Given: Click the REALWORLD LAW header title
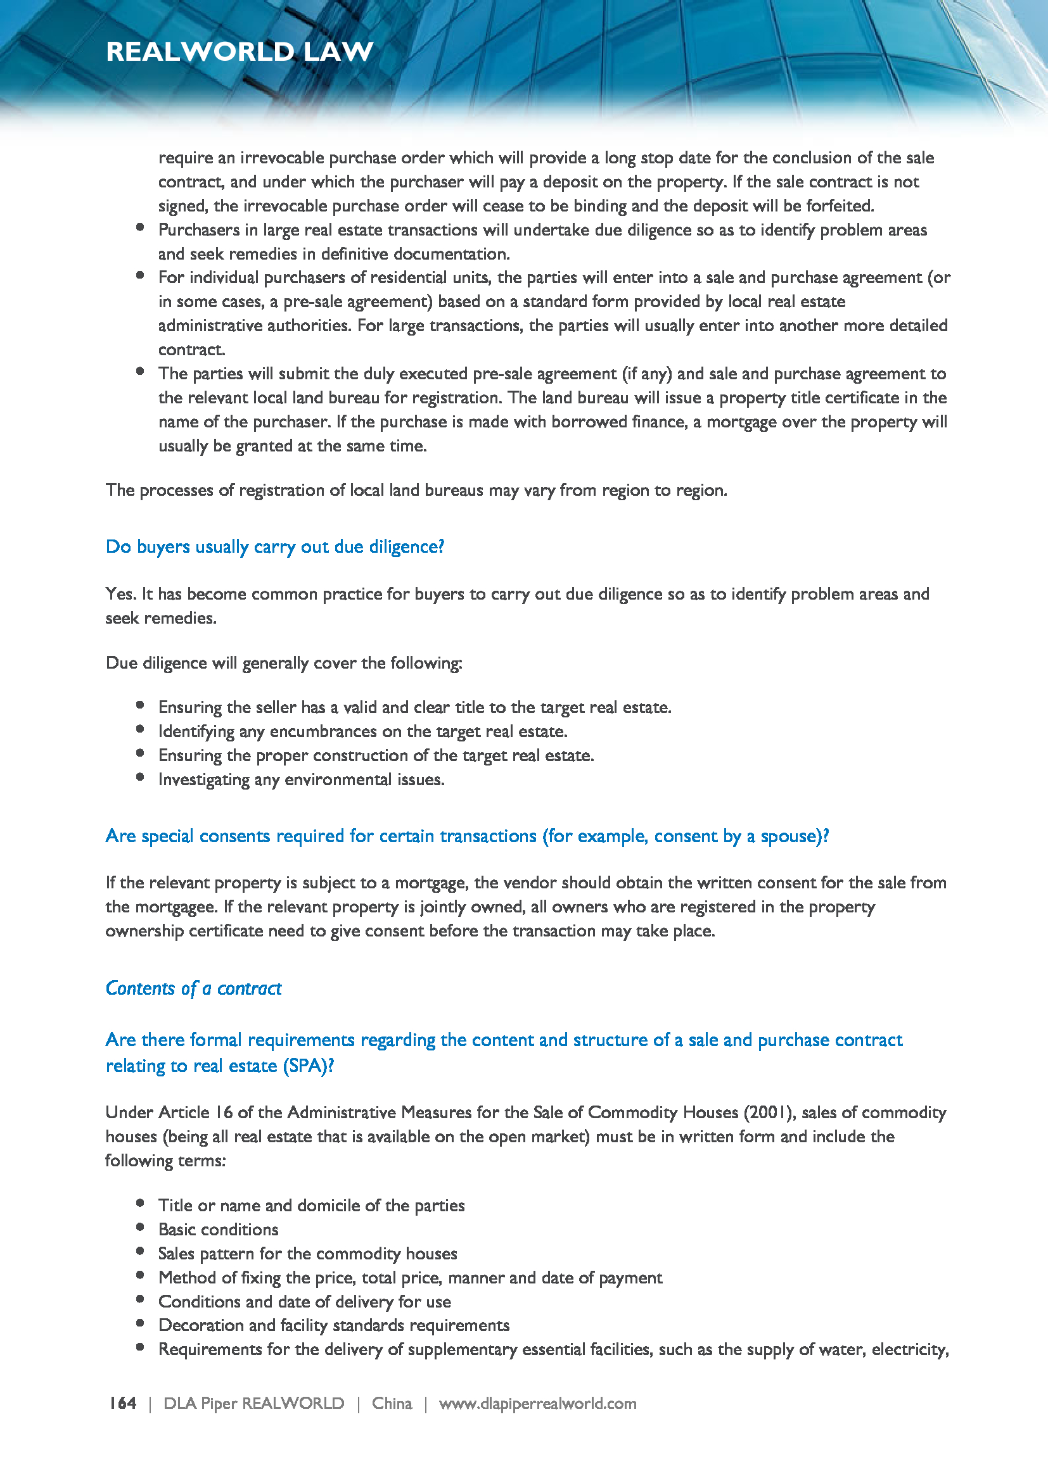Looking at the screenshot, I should tap(240, 51).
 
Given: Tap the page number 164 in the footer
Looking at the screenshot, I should tap(123, 1403).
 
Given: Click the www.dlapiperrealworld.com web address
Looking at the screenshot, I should tap(537, 1403).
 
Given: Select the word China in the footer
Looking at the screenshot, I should tap(392, 1403).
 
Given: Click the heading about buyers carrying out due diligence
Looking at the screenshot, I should tap(275, 547).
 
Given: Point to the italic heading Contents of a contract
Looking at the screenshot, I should tap(194, 988).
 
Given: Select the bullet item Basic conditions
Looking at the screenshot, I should tap(218, 1230).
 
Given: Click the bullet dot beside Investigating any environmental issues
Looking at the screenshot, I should tap(140, 778).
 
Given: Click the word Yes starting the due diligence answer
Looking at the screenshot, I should tap(116, 594).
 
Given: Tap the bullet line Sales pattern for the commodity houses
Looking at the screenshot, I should tap(308, 1253).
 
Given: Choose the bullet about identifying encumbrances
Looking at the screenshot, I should tap(362, 731).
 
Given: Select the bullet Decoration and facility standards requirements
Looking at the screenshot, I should tap(334, 1325).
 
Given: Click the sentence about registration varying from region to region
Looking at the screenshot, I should tap(416, 490).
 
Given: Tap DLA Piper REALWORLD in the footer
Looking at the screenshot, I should tap(253, 1403).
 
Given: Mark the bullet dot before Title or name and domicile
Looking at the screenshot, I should tap(140, 1203).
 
